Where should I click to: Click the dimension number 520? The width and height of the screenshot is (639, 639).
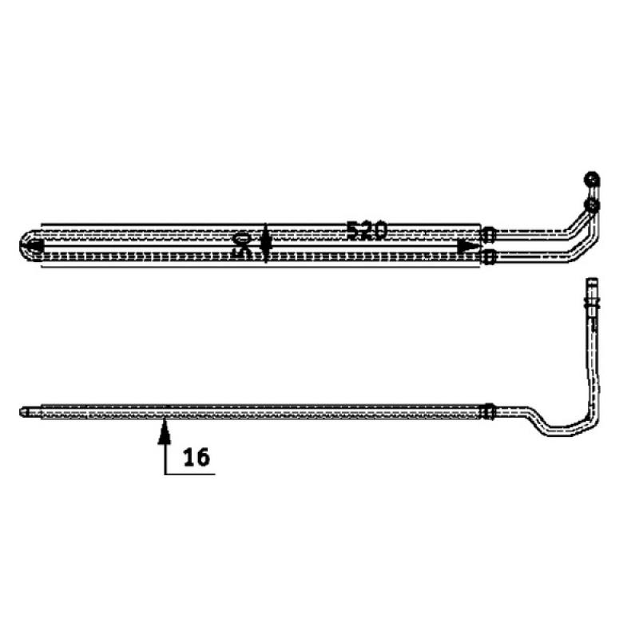[366, 231]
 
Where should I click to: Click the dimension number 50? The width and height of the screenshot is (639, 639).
[242, 244]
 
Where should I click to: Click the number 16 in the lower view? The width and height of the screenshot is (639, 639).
[196, 457]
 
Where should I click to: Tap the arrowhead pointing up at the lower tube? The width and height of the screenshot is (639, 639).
[165, 431]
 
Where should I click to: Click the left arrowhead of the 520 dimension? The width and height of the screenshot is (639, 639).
[37, 247]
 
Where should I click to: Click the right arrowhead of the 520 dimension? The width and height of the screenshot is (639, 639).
[469, 247]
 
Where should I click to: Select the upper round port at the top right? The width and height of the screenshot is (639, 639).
[591, 179]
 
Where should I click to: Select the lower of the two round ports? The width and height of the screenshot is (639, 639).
[591, 205]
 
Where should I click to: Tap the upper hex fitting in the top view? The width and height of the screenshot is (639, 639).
[488, 234]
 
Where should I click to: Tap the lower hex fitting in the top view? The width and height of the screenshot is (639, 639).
[488, 256]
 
